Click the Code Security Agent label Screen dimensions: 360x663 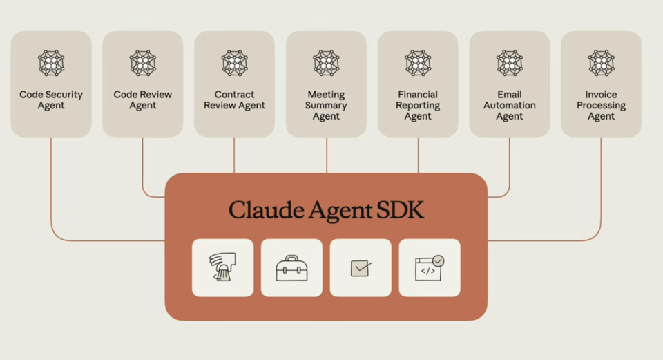point(51,100)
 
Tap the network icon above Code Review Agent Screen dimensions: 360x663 point(143,63)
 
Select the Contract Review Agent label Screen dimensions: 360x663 point(234,100)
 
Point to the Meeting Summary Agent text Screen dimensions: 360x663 point(326,106)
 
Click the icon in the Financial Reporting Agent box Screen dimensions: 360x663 point(418,63)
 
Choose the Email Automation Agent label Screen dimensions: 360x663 point(510,106)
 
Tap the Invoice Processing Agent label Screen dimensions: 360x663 point(601,106)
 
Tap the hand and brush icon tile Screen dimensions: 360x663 point(222,268)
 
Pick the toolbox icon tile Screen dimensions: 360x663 point(291,268)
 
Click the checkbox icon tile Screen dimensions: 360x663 point(361,268)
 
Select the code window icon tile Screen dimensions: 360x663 point(430,268)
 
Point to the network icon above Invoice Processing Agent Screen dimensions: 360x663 point(601,63)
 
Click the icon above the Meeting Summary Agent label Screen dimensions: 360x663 point(326,63)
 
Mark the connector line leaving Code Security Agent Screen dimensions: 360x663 point(51,187)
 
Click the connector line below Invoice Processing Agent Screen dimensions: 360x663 point(601,187)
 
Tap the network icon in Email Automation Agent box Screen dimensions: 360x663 point(510,63)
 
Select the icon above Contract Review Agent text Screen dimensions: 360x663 point(234,63)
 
